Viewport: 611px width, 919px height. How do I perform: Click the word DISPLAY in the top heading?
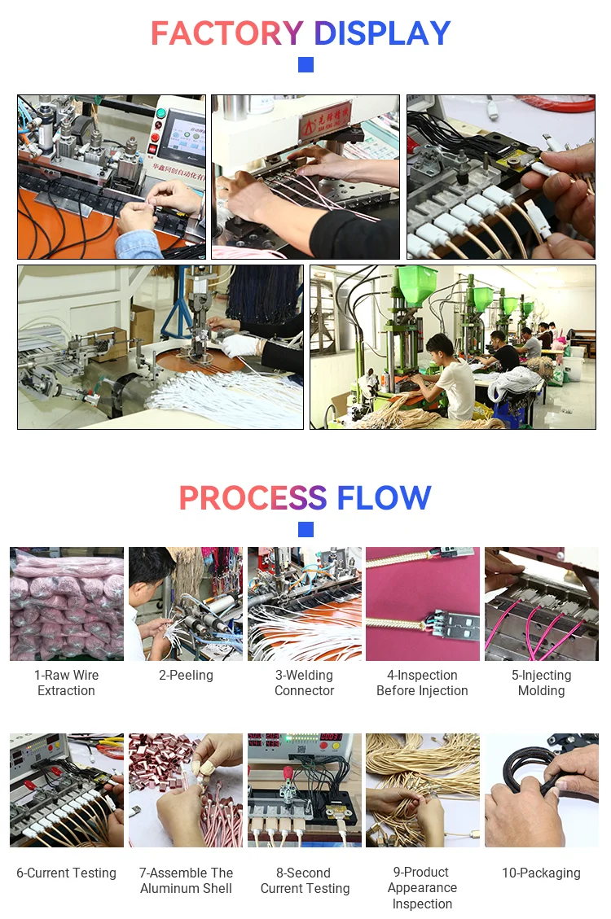(382, 33)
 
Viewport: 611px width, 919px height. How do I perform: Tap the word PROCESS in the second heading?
(253, 498)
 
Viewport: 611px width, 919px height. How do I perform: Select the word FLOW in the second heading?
(384, 498)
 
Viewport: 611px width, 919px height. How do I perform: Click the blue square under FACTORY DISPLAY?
(305, 64)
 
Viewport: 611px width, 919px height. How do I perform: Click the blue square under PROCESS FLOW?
(305, 529)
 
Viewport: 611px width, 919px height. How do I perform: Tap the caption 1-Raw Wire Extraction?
(66, 683)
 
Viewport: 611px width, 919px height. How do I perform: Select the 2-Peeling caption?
(186, 676)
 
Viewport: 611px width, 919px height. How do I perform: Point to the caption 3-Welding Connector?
(305, 683)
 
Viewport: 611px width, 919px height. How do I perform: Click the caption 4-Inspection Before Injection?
(422, 683)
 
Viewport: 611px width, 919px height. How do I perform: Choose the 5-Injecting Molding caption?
(541, 683)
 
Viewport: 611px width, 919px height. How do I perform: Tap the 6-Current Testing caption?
(66, 873)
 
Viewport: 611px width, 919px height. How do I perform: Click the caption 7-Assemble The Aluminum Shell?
(186, 881)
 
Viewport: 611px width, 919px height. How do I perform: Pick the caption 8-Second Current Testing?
(305, 881)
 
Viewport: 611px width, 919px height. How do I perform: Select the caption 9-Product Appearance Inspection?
(422, 888)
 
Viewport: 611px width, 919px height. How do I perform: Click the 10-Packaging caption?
(541, 873)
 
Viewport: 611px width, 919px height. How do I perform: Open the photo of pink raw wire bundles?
(67, 604)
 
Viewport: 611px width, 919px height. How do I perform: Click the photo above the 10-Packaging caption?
(541, 790)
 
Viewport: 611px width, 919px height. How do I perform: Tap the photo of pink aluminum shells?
(186, 790)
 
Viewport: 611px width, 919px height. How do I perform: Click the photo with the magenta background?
(422, 604)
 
